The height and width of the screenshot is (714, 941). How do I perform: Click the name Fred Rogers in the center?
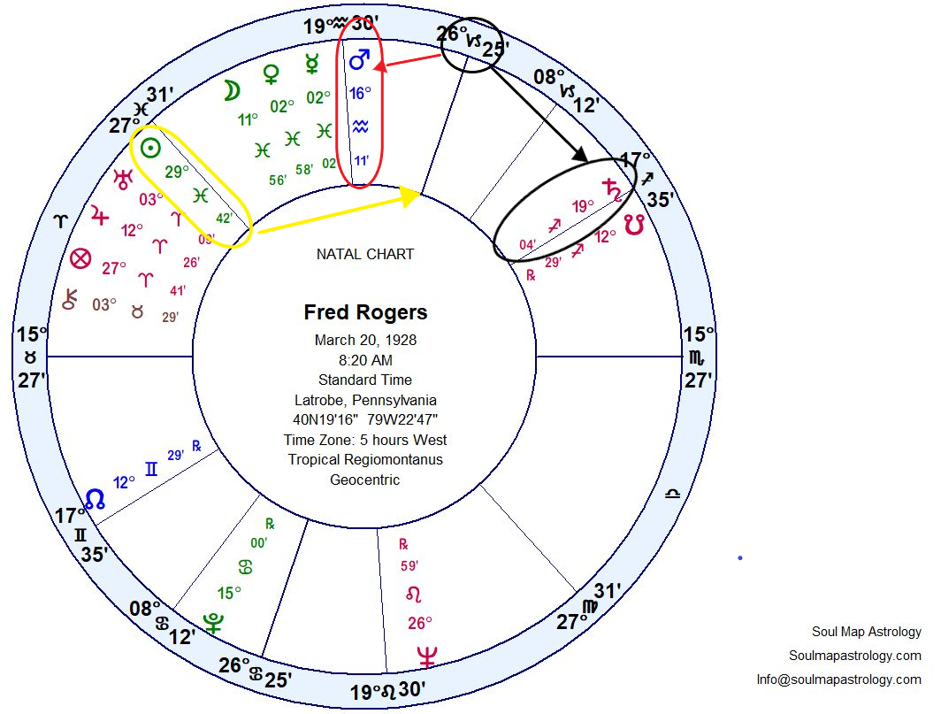(x=365, y=312)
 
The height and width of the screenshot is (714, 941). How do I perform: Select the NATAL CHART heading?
(x=365, y=254)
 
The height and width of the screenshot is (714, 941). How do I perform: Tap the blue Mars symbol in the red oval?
(x=359, y=61)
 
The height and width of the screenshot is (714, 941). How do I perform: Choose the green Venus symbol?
(x=272, y=75)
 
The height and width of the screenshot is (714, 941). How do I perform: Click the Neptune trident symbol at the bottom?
(x=427, y=657)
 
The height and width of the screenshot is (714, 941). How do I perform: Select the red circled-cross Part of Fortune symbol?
(x=80, y=259)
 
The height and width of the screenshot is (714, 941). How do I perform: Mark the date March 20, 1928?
(x=365, y=340)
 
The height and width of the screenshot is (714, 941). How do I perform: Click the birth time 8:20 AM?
(x=365, y=360)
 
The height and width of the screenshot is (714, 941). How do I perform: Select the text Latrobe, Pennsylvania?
(x=365, y=400)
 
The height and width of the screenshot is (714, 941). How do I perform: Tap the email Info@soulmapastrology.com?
(x=838, y=679)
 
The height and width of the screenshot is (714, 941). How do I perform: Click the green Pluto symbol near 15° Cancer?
(x=212, y=623)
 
